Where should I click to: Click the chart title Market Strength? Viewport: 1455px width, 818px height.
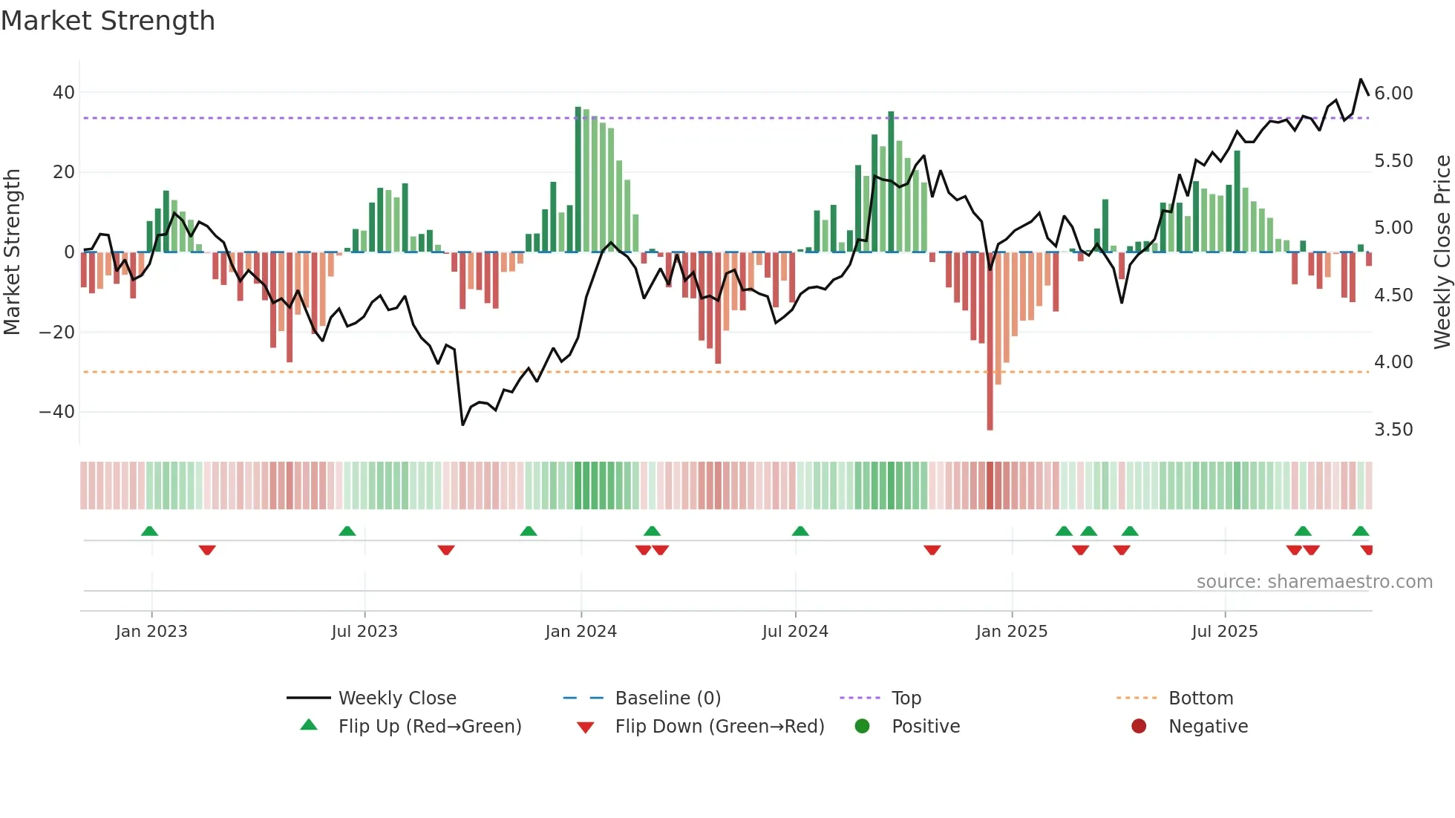[x=108, y=21]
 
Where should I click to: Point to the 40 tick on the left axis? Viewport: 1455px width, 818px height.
[x=63, y=93]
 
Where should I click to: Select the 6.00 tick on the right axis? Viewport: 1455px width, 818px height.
[x=1393, y=94]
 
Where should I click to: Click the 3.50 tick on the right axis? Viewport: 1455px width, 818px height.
[x=1393, y=430]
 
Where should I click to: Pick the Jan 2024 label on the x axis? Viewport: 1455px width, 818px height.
[x=581, y=632]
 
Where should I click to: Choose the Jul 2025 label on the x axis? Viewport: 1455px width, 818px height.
[x=1224, y=632]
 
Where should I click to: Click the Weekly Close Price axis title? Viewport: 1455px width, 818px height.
[x=1442, y=252]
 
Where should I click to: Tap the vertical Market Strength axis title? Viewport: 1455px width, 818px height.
[x=12, y=252]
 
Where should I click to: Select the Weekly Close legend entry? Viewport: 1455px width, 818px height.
[x=396, y=698]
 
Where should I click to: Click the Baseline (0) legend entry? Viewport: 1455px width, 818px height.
[x=667, y=698]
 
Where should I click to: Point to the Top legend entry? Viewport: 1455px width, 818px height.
[x=906, y=698]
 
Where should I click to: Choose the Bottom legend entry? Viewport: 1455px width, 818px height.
[x=1200, y=698]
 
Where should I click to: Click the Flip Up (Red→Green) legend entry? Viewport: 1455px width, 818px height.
[x=429, y=727]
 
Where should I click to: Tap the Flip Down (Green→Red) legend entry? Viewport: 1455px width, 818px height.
[x=719, y=727]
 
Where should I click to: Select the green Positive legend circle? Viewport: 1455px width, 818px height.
[x=862, y=727]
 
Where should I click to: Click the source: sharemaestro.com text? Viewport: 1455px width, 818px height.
[x=1314, y=582]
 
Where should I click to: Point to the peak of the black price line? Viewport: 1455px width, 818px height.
[x=1361, y=79]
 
